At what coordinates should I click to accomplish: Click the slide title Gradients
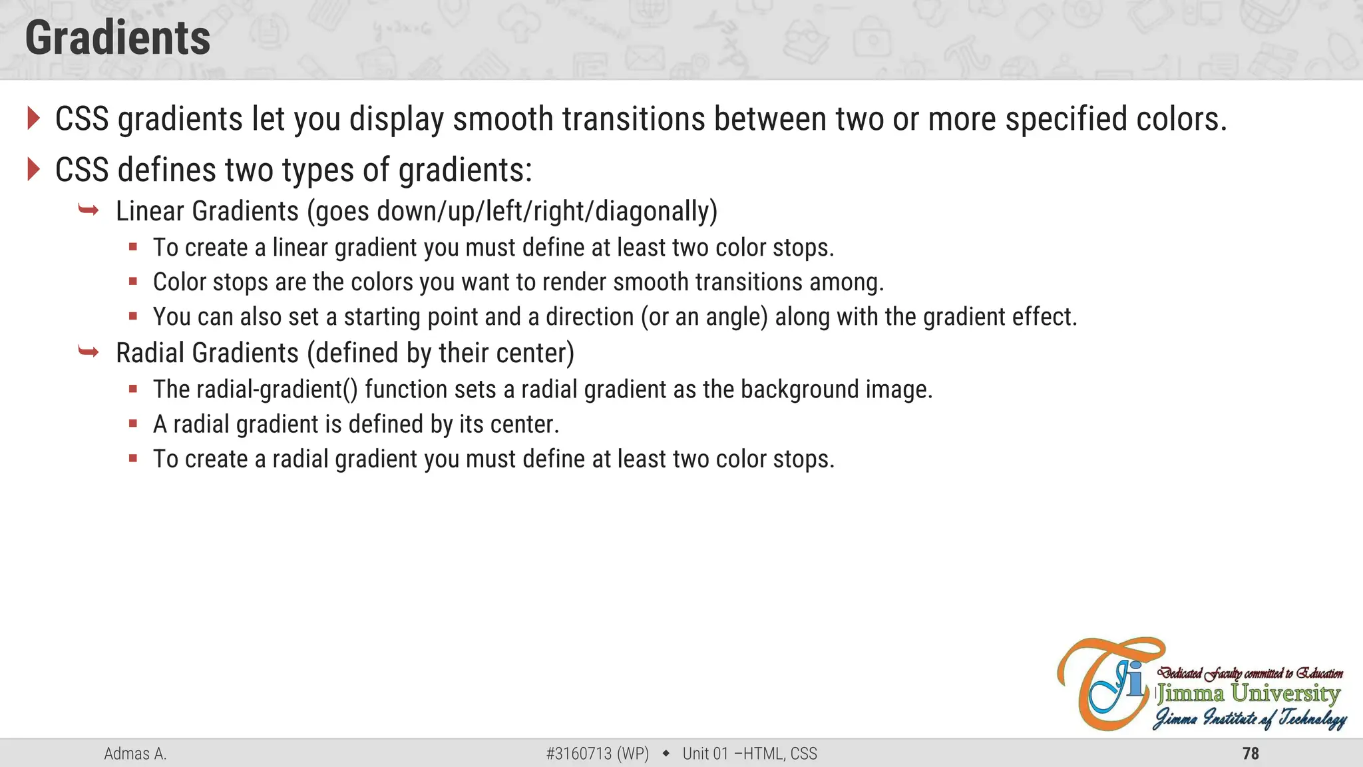pyautogui.click(x=118, y=38)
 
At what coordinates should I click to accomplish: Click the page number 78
pyautogui.click(x=1251, y=754)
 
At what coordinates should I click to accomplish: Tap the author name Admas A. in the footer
pyautogui.click(x=135, y=754)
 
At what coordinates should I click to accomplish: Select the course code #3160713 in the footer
pyautogui.click(x=578, y=754)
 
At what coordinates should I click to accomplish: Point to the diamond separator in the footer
pyautogui.click(x=666, y=754)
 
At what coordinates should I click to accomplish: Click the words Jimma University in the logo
pyautogui.click(x=1249, y=694)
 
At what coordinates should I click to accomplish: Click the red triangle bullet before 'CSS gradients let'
pyautogui.click(x=34, y=119)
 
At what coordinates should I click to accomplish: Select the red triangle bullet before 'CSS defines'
pyautogui.click(x=34, y=169)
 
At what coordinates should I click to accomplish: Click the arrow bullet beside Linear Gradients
pyautogui.click(x=89, y=211)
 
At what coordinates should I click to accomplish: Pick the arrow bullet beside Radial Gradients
pyautogui.click(x=89, y=352)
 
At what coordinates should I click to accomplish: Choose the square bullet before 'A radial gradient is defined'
pyautogui.click(x=133, y=423)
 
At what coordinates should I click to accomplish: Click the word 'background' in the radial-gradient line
pyautogui.click(x=799, y=389)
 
